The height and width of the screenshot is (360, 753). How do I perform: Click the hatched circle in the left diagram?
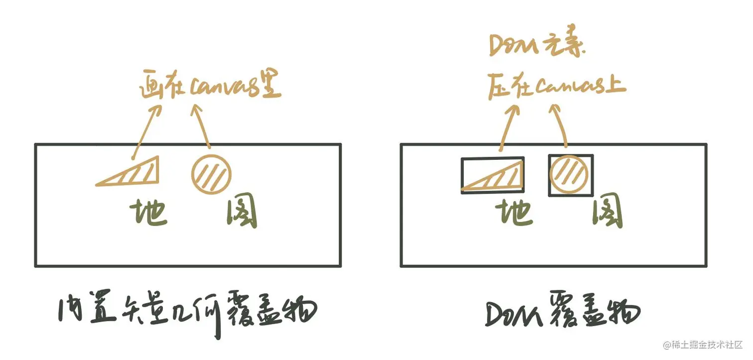[x=212, y=174]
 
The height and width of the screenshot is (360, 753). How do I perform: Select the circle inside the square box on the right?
[x=570, y=175]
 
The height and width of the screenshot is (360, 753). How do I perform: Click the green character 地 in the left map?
[x=148, y=213]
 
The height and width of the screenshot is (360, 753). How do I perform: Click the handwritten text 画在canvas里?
[x=209, y=88]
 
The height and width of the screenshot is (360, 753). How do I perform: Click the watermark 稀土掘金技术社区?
[x=703, y=345]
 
